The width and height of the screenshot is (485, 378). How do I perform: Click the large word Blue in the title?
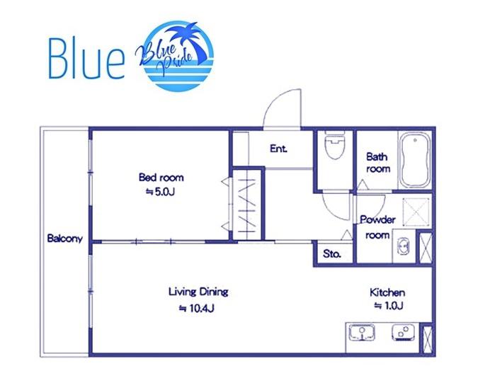coord(86,58)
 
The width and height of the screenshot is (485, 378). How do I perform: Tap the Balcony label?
coord(65,239)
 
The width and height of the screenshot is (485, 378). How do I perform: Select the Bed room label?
coord(161,177)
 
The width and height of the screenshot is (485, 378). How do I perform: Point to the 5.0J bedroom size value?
coord(160,192)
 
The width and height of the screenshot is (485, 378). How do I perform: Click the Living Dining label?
coord(198,292)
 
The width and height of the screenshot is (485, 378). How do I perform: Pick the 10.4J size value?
coord(197,308)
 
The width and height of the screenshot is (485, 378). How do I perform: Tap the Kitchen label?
coord(387,292)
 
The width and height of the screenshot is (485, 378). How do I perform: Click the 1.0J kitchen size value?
coord(389,306)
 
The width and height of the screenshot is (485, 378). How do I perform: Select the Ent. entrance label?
coord(278,149)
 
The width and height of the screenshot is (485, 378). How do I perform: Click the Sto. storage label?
coord(332,254)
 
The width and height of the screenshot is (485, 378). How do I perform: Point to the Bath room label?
coord(377,163)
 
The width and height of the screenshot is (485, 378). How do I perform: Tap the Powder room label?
coord(377,227)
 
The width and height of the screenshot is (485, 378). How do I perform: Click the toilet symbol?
coord(335,145)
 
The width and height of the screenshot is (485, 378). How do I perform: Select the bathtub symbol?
coord(415,160)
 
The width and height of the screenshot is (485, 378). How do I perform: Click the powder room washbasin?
coord(403,246)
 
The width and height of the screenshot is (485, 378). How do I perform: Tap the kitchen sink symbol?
coord(362,333)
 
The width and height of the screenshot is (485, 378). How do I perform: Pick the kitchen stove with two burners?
coord(404,333)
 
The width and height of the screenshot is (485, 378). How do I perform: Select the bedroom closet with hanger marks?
coord(247,204)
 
